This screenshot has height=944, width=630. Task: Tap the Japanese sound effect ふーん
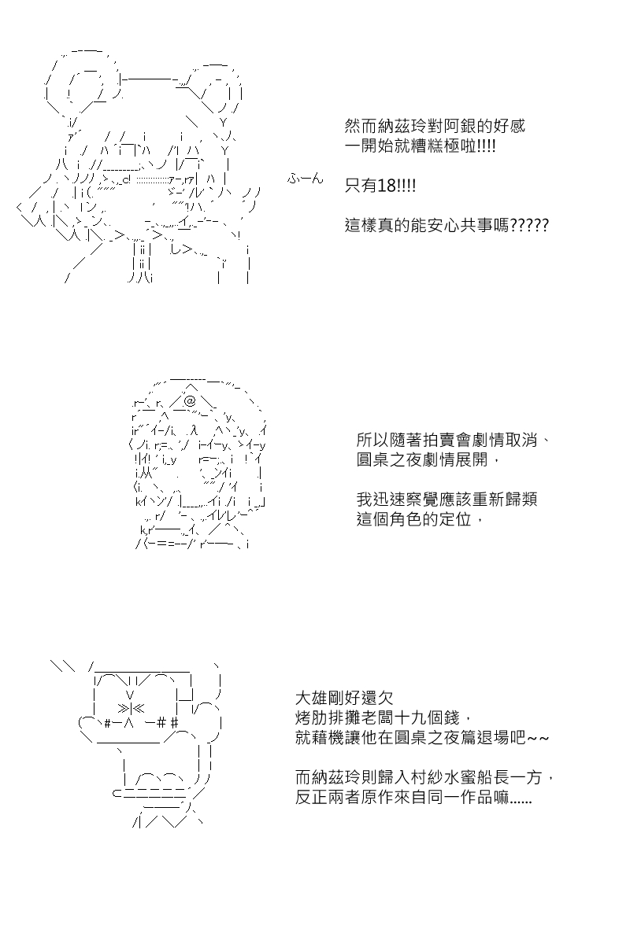(x=305, y=179)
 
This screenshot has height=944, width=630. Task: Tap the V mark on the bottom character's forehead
(x=130, y=694)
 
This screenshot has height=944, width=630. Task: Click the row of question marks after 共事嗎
(x=529, y=226)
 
